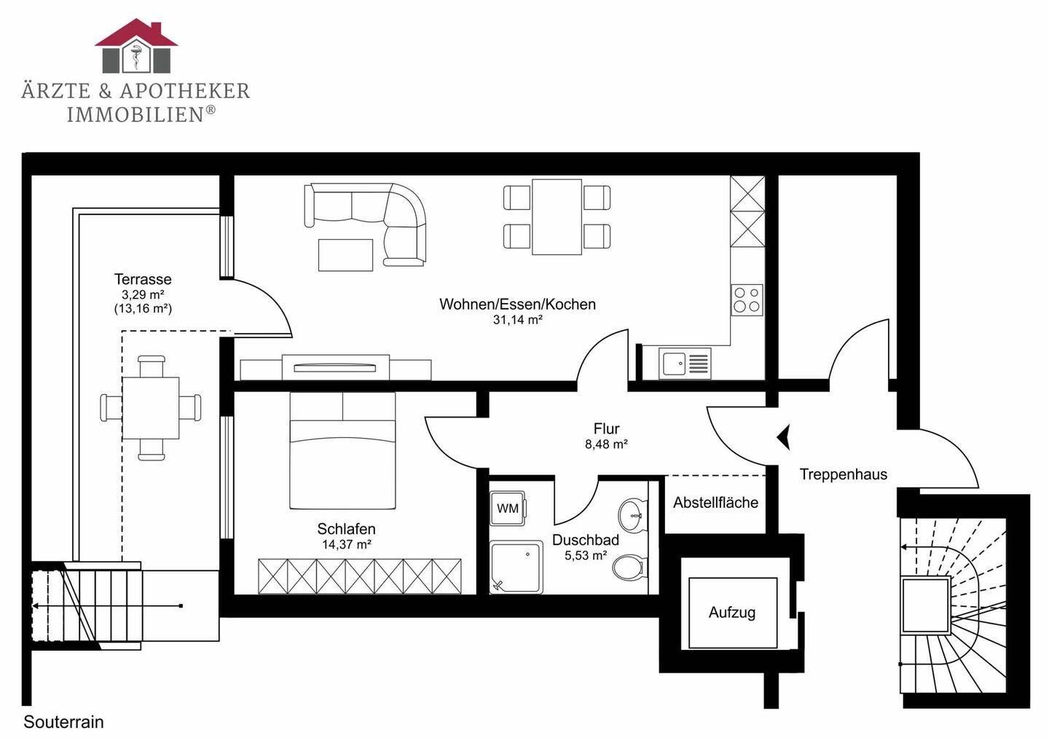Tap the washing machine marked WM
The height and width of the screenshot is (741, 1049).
tap(508, 509)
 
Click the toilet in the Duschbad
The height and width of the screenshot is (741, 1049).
tap(629, 567)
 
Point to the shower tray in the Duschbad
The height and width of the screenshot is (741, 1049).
tap(516, 567)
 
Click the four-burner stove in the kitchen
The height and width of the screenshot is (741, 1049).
tap(747, 299)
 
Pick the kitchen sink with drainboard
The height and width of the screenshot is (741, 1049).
tap(685, 363)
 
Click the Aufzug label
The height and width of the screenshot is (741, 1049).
tap(732, 612)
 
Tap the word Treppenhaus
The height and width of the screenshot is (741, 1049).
tap(843, 474)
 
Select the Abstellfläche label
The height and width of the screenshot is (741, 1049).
tap(715, 503)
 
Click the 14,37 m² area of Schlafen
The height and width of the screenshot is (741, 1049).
tap(347, 544)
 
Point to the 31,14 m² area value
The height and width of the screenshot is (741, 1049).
tap(517, 320)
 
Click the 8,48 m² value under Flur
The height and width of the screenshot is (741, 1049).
tap(606, 444)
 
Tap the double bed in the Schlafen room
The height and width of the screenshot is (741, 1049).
tap(343, 450)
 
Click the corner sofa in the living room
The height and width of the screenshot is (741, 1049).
tap(365, 224)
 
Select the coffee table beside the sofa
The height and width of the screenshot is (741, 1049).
tap(345, 255)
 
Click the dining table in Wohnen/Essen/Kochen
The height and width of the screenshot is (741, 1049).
tap(557, 217)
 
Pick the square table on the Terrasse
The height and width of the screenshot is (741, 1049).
tap(150, 407)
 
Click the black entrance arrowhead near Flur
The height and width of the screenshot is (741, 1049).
tap(784, 437)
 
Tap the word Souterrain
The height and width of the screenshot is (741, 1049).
tap(63, 722)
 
